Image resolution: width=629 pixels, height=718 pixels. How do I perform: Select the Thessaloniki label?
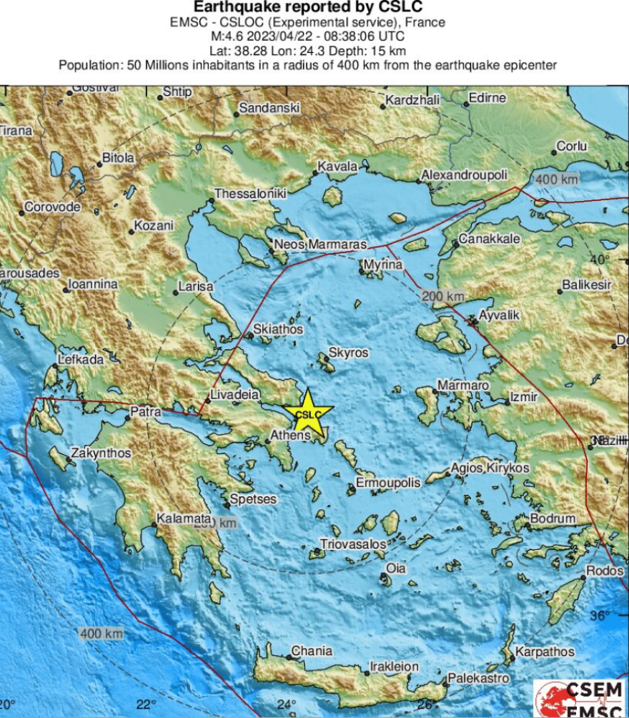(251, 194)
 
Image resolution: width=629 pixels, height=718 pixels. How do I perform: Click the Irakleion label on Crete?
(394, 667)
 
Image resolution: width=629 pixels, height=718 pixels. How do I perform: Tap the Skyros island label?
(348, 353)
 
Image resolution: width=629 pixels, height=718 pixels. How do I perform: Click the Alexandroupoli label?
(464, 175)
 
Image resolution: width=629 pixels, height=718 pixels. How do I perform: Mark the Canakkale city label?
(490, 239)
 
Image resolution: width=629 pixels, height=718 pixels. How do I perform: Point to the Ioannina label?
(92, 285)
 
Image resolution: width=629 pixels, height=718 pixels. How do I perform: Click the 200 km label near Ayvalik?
(443, 296)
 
